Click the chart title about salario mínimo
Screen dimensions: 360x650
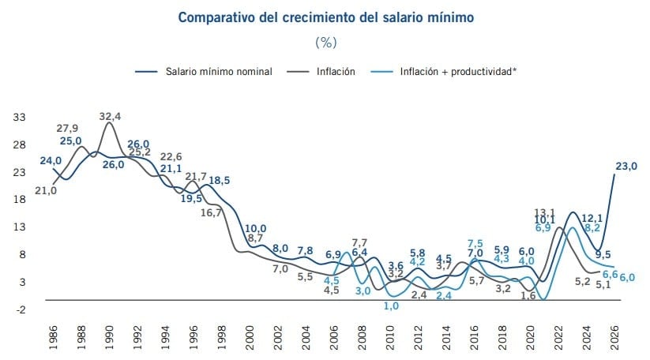point(325,17)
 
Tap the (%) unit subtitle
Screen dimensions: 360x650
point(325,41)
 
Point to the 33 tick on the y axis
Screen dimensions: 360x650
point(18,117)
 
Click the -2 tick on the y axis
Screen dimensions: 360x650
point(19,309)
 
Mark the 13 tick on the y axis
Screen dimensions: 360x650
point(18,227)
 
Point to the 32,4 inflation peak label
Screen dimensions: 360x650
point(110,117)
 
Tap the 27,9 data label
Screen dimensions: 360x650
point(67,128)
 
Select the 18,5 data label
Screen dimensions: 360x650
point(219,181)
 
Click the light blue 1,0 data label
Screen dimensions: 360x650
point(390,306)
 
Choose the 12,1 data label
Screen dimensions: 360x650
point(592,218)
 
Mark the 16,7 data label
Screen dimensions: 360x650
point(210,212)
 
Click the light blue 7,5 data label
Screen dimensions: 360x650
point(475,243)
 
